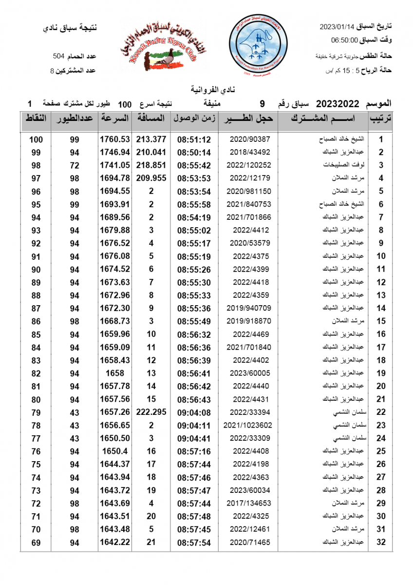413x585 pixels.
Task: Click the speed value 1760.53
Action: [115, 139]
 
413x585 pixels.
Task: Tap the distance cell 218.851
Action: [151, 165]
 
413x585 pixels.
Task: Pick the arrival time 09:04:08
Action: [194, 412]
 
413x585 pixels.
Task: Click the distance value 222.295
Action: [151, 412]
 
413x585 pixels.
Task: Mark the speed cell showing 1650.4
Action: [115, 451]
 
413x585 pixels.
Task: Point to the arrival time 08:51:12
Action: [194, 139]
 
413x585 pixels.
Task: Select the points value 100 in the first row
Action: [36, 139]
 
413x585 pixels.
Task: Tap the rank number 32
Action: [381, 542]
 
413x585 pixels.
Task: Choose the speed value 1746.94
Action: [115, 152]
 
